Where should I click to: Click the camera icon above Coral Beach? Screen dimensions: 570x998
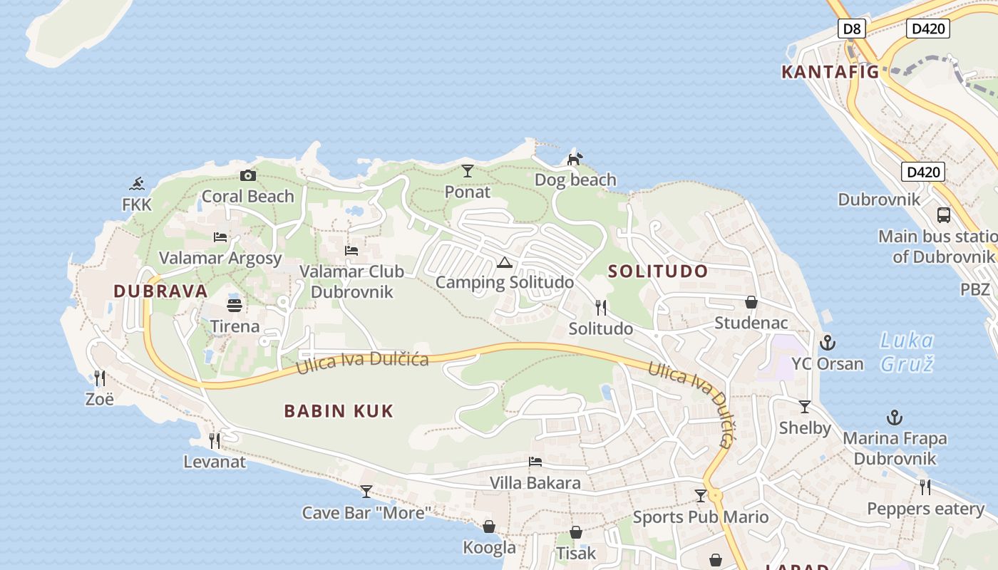click(247, 175)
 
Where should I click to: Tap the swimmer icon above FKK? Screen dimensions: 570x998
click(138, 184)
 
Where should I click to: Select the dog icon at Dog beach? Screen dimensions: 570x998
click(575, 158)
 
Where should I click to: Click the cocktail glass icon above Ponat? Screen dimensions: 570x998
click(468, 170)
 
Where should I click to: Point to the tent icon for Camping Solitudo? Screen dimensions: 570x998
click(505, 262)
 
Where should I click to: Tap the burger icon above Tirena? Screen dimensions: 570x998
click(235, 306)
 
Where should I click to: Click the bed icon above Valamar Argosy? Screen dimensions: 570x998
click(220, 237)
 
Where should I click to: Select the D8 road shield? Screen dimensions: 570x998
click(851, 29)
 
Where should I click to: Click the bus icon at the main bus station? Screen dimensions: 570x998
click(944, 214)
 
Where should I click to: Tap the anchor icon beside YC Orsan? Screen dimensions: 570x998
click(827, 343)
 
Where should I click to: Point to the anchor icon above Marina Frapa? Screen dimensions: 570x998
click(894, 418)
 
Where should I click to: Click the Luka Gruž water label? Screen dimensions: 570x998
click(907, 352)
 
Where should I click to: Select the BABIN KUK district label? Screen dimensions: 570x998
click(339, 411)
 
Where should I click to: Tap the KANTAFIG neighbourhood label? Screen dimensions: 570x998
click(830, 72)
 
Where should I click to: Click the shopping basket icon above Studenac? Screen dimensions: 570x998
click(751, 302)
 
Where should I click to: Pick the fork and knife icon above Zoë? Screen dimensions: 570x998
click(100, 378)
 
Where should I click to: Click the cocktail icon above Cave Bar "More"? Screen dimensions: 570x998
click(366, 491)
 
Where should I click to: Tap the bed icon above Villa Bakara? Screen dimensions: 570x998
click(535, 462)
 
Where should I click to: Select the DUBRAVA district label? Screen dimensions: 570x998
click(160, 291)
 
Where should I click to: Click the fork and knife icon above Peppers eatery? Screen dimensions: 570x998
click(925, 487)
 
